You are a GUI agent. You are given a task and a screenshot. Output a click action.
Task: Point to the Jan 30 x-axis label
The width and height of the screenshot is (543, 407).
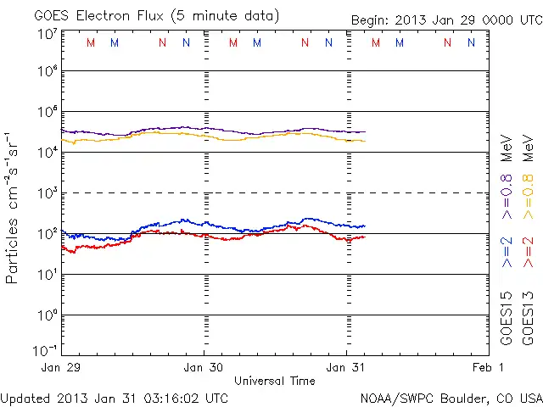[204, 367]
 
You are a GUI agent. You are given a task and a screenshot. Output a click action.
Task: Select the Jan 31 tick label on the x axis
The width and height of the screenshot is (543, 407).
[346, 367]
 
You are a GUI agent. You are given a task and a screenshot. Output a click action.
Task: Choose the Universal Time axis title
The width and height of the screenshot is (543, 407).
[275, 381]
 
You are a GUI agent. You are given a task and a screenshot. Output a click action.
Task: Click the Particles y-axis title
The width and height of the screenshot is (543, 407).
[13, 254]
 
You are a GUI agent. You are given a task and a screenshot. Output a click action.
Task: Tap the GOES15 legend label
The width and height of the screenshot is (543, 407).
[507, 318]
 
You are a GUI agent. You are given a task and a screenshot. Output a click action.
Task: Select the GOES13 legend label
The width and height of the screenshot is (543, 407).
[527, 318]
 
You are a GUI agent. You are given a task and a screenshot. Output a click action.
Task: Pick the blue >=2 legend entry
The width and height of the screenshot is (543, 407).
[507, 252]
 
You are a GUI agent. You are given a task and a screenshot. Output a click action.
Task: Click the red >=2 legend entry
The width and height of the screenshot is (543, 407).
[527, 252]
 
